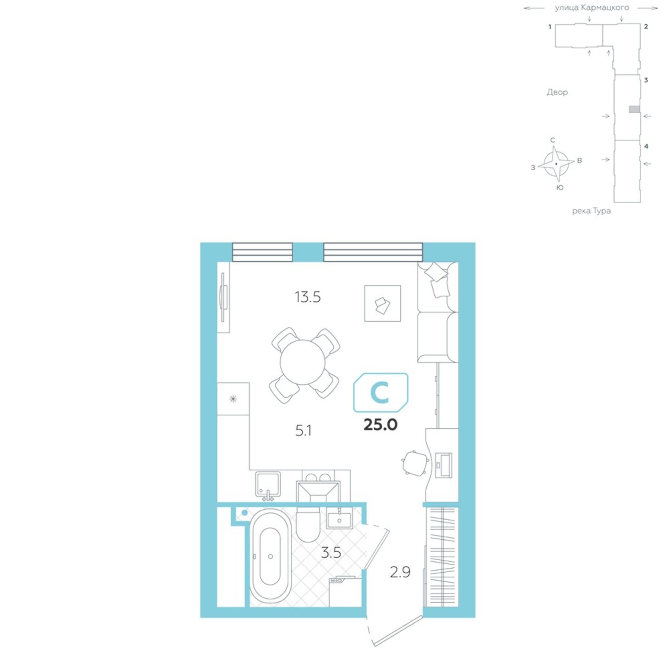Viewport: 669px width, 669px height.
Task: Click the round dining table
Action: pos(302,362)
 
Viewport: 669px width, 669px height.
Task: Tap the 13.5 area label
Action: pos(307,297)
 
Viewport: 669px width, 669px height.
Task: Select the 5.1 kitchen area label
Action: pos(303,431)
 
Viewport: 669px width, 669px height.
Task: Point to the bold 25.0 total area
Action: pos(380,425)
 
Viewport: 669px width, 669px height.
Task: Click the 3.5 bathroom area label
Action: pos(331,553)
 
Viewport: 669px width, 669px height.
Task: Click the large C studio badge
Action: pos(381,393)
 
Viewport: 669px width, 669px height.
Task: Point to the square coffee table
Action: pos(382,303)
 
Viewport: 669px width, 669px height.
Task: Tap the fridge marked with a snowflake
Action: pos(233,399)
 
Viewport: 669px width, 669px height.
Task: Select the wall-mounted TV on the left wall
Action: pos(224,297)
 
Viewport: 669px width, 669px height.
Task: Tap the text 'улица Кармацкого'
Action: pos(592,8)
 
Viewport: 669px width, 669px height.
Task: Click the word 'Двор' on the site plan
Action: pos(557,92)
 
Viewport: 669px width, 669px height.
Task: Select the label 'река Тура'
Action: pos(591,211)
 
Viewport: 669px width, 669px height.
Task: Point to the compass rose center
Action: pos(556,164)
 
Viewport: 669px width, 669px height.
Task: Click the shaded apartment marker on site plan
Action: pos(634,109)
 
